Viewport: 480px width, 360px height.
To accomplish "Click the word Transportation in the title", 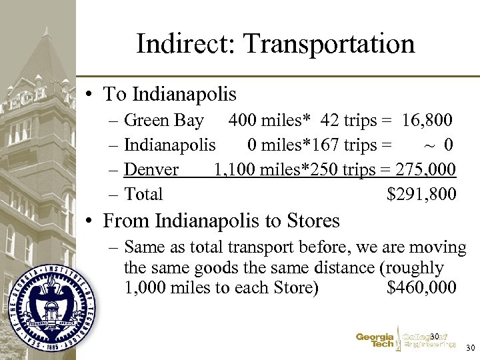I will click(x=329, y=44).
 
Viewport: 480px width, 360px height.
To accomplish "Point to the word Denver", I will click(x=151, y=170).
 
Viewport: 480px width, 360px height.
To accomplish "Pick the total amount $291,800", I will click(x=421, y=195).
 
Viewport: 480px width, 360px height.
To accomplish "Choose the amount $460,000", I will click(x=421, y=288).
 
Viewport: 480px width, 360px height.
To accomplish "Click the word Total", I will click(x=143, y=195).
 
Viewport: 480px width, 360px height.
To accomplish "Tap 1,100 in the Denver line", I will click(x=233, y=170).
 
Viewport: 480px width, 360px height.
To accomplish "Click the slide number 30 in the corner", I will click(x=470, y=348).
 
